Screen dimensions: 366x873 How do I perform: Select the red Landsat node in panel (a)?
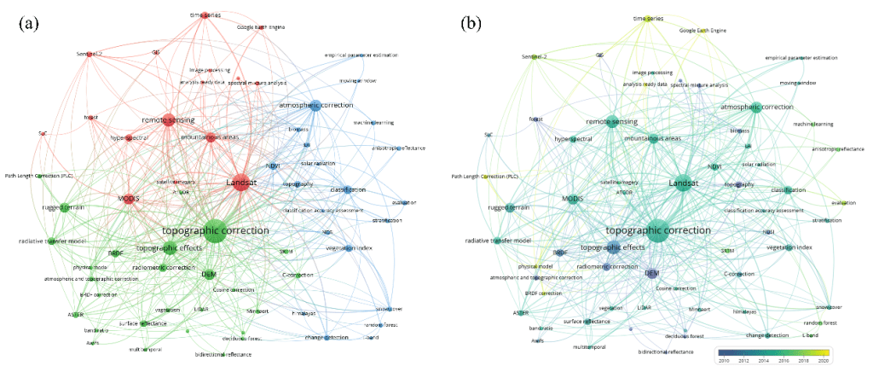pos(240,182)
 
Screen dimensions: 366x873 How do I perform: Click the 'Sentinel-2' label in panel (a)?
pos(89,54)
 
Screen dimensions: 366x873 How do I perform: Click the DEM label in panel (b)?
pos(651,273)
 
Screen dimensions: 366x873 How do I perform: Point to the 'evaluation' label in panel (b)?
pos(843,203)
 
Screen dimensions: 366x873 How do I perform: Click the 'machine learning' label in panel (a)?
pos(373,123)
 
